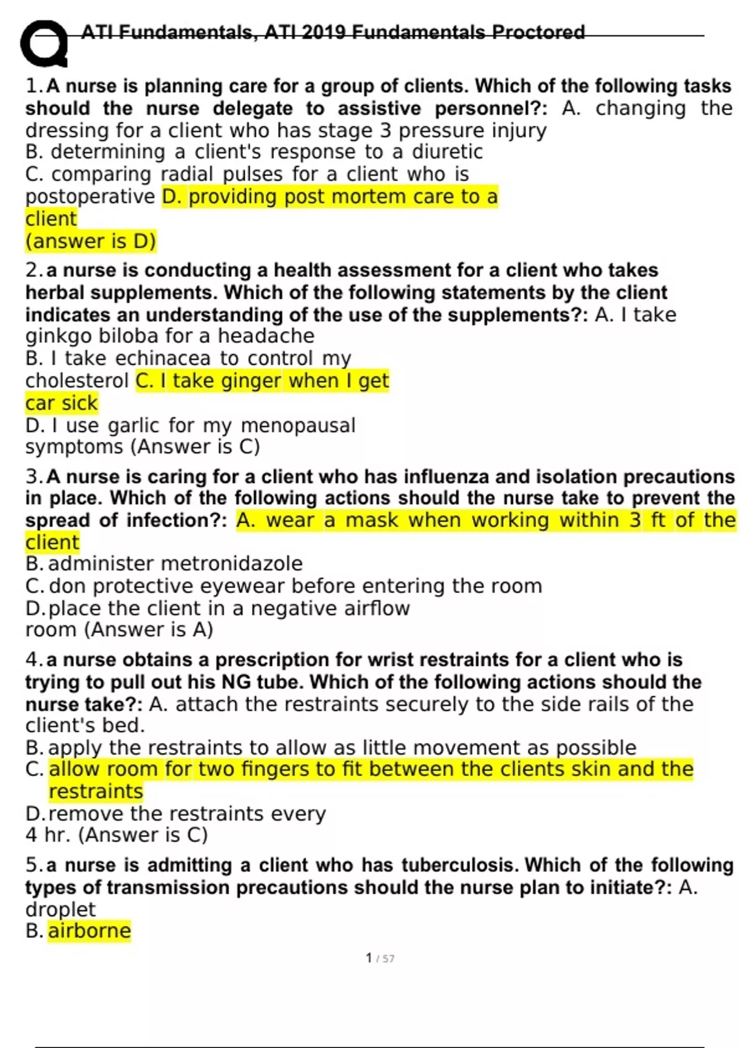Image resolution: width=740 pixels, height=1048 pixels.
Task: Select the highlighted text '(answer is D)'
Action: click(91, 241)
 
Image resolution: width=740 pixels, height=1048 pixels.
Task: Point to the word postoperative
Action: click(90, 197)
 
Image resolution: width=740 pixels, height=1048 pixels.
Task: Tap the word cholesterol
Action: click(77, 381)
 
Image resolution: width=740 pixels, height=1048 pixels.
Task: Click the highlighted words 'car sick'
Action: click(62, 403)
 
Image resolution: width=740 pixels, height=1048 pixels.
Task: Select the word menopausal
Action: click(298, 425)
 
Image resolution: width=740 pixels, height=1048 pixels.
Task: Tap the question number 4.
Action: click(32, 660)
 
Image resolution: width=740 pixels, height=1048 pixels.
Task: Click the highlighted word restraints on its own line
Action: click(96, 792)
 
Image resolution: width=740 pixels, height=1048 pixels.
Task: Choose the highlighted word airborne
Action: click(89, 931)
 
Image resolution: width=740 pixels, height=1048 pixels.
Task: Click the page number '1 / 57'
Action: click(380, 958)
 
